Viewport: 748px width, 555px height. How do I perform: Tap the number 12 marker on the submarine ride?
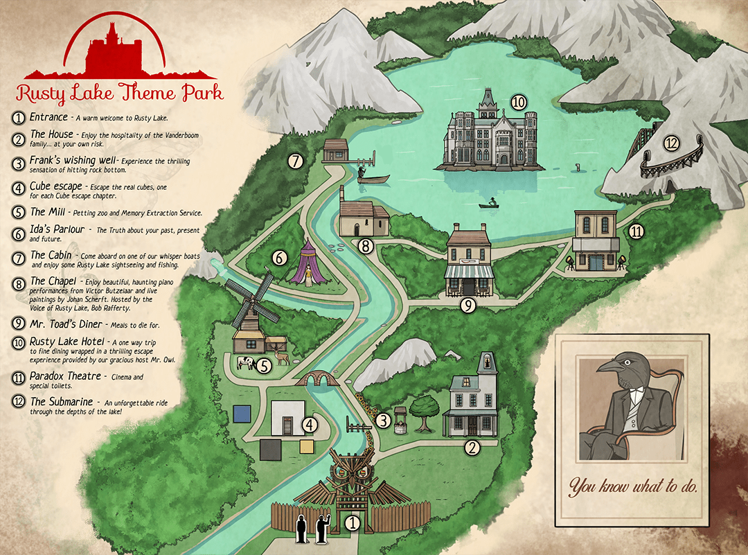click(x=670, y=143)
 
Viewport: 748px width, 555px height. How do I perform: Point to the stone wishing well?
click(x=398, y=419)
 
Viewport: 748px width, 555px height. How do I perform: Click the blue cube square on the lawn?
click(x=242, y=414)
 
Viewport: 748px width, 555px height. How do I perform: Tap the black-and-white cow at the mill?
click(x=245, y=362)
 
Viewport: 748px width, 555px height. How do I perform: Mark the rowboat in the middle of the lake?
click(x=490, y=204)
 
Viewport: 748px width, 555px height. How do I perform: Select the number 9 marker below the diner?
click(x=468, y=303)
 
